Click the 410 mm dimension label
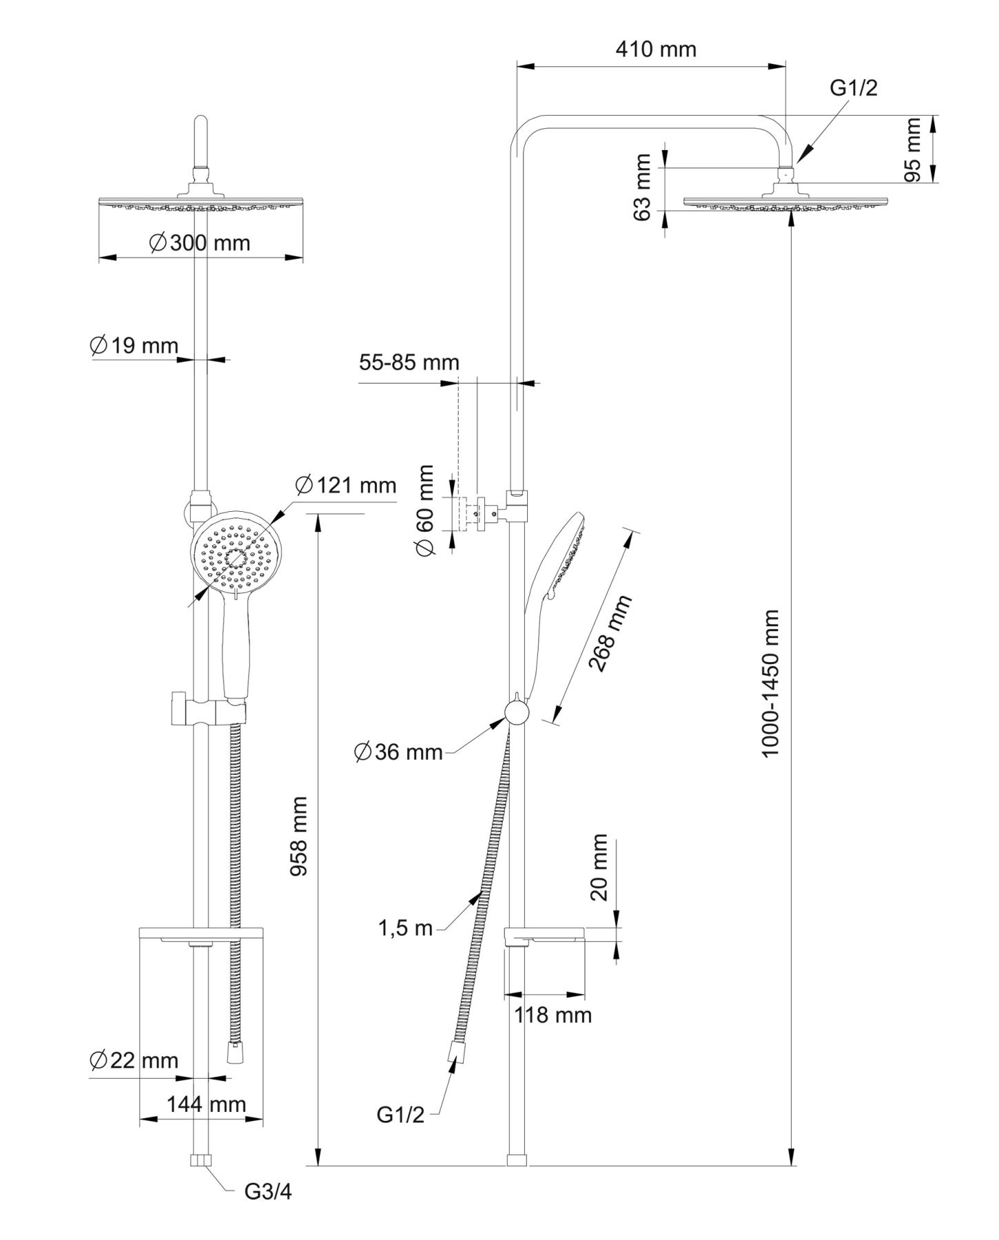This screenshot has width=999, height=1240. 655,50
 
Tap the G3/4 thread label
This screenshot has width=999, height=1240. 268,1192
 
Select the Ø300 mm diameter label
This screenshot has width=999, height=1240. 200,242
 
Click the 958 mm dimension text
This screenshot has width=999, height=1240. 298,836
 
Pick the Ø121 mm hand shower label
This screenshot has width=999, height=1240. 346,486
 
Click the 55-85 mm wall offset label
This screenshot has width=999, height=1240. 409,362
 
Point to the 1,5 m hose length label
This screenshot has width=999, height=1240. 405,928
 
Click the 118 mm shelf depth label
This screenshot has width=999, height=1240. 553,1015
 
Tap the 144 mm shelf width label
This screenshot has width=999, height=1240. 206,1104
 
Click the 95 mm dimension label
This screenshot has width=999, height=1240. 912,149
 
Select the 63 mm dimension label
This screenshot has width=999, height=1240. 642,187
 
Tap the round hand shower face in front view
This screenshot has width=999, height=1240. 235,555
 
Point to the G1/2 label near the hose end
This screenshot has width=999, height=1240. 400,1115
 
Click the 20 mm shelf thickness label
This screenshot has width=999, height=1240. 599,867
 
